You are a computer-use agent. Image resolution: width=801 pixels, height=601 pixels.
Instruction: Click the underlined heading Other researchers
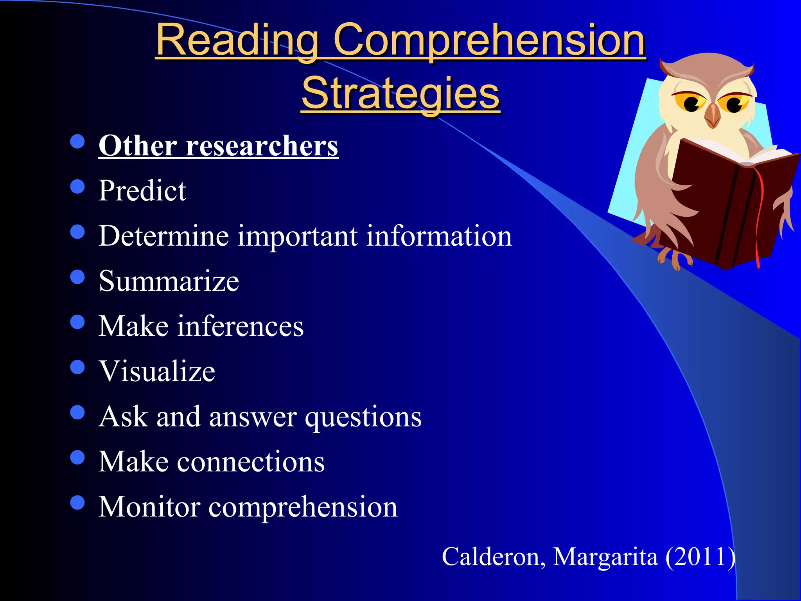click(218, 146)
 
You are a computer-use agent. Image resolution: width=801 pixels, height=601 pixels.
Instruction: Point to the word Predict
click(142, 191)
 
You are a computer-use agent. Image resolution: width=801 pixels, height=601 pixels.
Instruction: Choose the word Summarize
click(169, 281)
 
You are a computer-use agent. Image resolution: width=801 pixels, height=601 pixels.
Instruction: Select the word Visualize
click(157, 371)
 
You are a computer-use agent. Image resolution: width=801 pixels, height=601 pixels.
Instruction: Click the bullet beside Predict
click(77, 187)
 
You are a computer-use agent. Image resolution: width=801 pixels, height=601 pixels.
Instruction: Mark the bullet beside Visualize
click(77, 367)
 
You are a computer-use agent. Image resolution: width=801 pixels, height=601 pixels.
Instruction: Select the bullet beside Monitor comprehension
click(77, 503)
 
